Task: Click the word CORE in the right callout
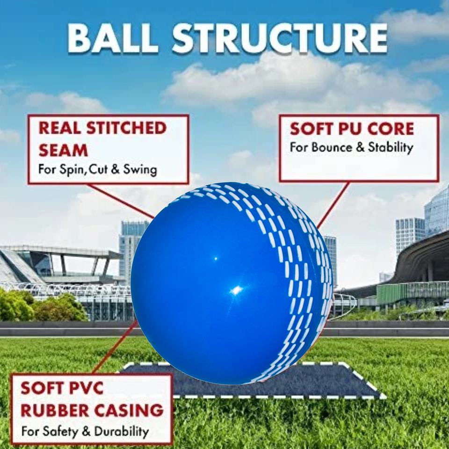click(x=391, y=129)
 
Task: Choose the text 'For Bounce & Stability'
click(x=351, y=148)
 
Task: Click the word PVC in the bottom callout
click(x=87, y=389)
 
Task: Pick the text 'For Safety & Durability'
click(x=85, y=430)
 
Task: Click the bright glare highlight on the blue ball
click(x=237, y=290)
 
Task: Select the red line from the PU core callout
click(x=333, y=205)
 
